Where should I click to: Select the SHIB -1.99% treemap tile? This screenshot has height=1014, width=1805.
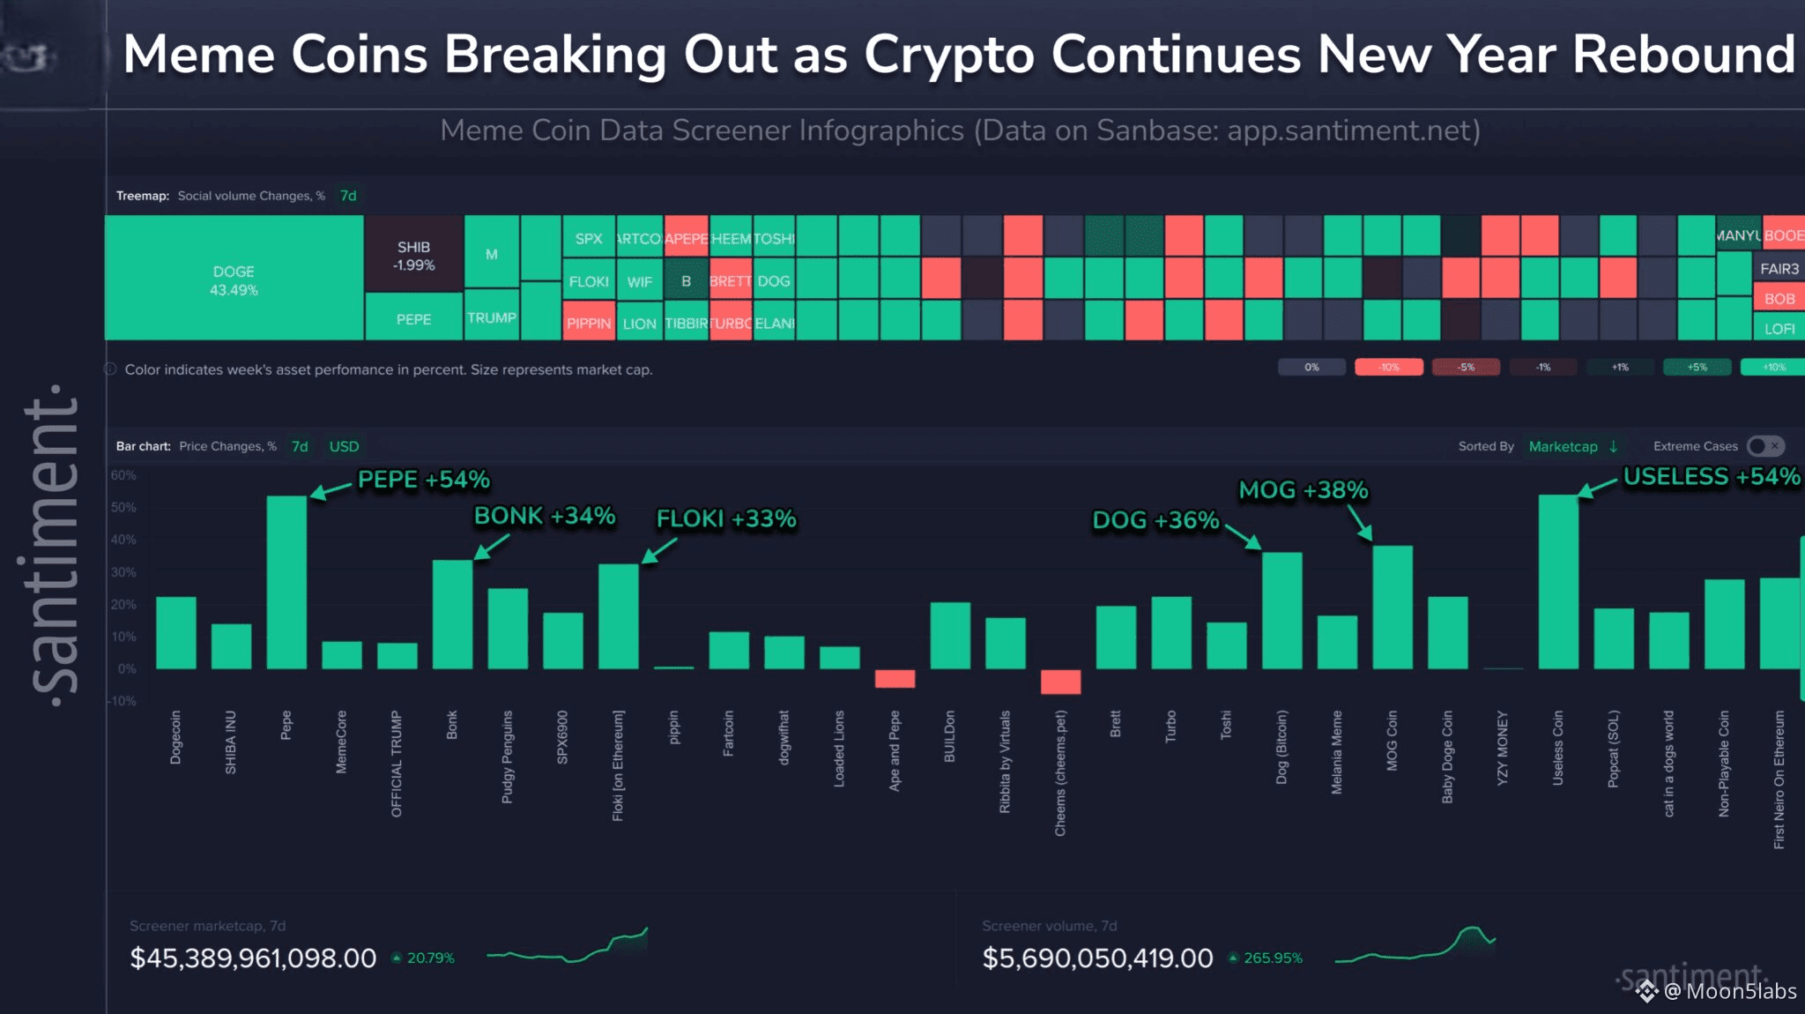click(413, 255)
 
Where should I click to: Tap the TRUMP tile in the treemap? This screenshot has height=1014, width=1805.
click(491, 317)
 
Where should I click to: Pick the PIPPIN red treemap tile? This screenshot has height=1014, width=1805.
click(589, 323)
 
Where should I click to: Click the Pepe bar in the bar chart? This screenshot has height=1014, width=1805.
click(286, 582)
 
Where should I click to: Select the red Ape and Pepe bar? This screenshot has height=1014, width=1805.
click(895, 679)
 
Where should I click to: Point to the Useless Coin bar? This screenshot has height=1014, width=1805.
click(1557, 582)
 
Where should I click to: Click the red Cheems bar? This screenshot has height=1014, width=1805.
click(1060, 682)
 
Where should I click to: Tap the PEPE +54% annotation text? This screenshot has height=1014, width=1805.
click(423, 480)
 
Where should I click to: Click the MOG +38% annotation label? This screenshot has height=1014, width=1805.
click(1303, 490)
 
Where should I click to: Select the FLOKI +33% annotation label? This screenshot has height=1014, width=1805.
click(726, 519)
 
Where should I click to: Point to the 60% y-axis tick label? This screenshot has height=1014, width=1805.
click(123, 475)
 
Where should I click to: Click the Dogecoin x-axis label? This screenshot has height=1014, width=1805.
click(175, 737)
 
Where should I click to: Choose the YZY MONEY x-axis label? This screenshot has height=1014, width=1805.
click(1503, 748)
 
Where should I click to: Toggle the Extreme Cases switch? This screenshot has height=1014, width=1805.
click(1765, 446)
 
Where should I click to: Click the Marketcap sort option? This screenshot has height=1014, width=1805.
click(1563, 446)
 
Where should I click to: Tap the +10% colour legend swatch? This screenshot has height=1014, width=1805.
click(1772, 368)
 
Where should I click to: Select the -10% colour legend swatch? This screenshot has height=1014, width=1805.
click(1388, 368)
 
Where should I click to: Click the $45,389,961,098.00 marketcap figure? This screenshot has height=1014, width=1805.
click(253, 958)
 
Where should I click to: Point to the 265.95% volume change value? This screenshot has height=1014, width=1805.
click(1273, 958)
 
